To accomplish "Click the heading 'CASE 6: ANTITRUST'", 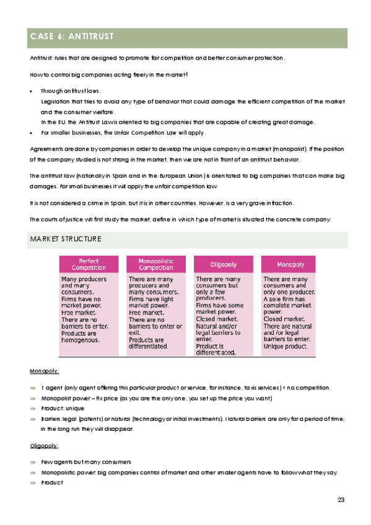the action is click(71, 37).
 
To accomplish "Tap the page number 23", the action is click(341, 500).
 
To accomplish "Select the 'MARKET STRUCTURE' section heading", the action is click(66, 239).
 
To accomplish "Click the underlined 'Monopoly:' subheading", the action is click(45, 371).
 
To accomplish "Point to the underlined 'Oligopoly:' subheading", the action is click(45, 445).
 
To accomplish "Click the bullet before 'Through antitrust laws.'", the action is click(32, 91).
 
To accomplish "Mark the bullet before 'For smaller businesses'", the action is click(32, 133).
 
